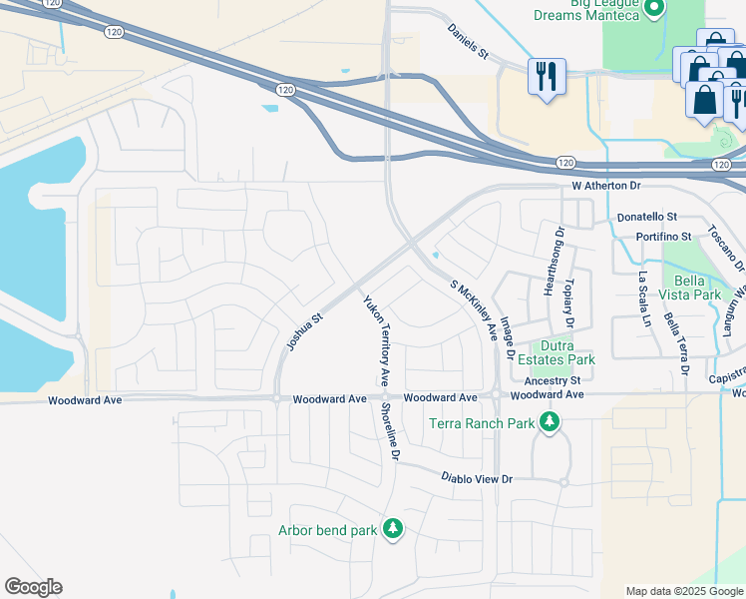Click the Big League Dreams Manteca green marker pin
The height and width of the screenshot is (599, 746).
(x=654, y=10)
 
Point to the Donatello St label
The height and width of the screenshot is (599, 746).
(x=647, y=216)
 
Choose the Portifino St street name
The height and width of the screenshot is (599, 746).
(x=664, y=237)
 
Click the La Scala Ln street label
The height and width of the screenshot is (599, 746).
(x=643, y=299)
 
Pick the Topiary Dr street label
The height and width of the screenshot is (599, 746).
(x=570, y=302)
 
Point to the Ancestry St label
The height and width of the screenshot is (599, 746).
(x=552, y=380)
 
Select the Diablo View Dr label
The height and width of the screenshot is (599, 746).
(x=477, y=479)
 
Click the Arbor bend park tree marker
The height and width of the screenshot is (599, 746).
(x=393, y=528)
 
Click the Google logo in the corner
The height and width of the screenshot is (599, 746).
(x=34, y=587)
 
